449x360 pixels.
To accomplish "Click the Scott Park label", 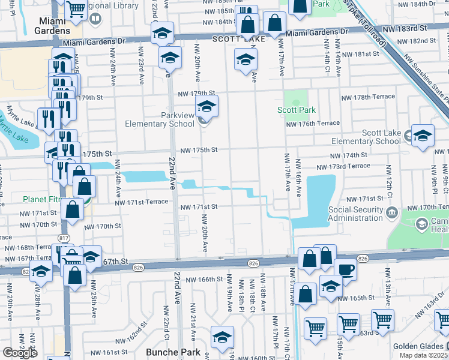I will tap(296, 110).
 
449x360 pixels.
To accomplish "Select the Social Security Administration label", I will tap(355, 214).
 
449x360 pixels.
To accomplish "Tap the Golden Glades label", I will tap(418, 346).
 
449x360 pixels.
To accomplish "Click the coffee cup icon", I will tap(346, 269).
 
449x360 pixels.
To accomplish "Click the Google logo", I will tap(20, 353).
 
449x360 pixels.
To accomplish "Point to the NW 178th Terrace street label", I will tap(368, 97).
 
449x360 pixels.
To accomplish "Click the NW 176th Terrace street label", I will tap(313, 124).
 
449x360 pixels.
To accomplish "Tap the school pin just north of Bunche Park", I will tap(221, 337).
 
